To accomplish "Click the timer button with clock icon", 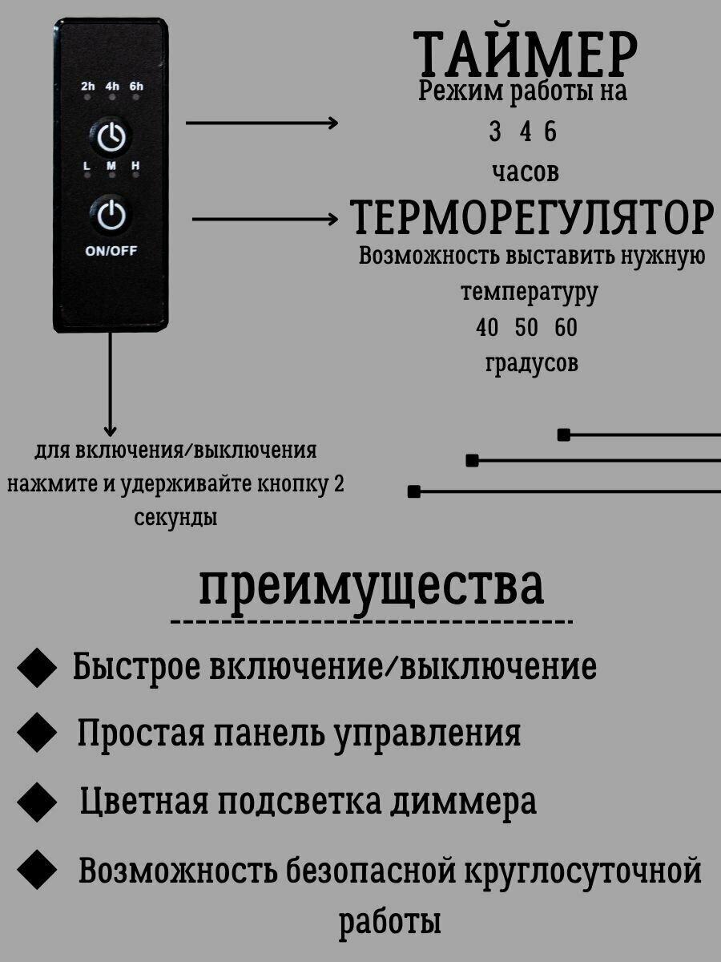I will click(111, 138).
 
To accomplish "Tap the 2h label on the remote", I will click(88, 87).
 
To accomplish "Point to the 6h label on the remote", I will click(136, 87).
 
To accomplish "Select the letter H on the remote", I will click(135, 166).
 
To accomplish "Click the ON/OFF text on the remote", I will click(111, 250).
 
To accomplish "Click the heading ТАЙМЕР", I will click(526, 55).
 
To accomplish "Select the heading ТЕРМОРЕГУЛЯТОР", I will click(532, 216).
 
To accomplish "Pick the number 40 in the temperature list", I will click(487, 328).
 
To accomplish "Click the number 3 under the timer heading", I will click(495, 132).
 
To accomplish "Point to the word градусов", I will click(531, 363).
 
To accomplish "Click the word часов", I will click(526, 172).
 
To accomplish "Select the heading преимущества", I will click(372, 587).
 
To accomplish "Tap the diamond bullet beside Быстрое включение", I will click(37, 668).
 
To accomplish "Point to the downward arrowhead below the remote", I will click(111, 430).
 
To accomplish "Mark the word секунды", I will click(175, 518).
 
